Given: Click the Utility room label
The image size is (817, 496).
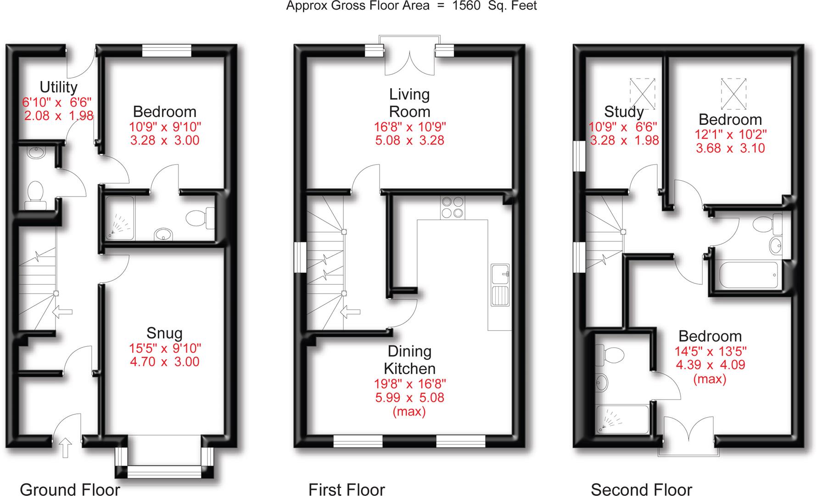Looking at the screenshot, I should click(58, 87).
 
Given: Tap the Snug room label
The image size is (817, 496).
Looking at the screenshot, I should click(164, 333).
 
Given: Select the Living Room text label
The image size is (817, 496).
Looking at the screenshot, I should click(409, 103).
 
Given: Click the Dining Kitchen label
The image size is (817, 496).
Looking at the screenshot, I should click(409, 360).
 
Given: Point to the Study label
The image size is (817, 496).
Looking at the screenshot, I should click(623, 112).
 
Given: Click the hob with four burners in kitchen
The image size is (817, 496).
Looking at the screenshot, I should click(452, 207).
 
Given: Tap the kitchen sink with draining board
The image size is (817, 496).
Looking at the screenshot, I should click(500, 285).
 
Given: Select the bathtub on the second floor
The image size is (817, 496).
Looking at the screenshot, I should click(748, 275).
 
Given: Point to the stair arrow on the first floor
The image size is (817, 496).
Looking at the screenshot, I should click(351, 312).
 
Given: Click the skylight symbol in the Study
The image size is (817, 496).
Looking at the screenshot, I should click(642, 94).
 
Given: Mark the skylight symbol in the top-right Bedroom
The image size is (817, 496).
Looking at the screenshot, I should click(733, 94).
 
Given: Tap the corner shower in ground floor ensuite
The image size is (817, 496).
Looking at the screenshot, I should click(120, 219).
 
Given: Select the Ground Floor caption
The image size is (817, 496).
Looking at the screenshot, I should click(70, 489).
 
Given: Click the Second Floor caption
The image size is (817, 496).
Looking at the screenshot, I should click(641, 489).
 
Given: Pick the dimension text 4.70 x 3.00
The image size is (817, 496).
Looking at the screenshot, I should click(164, 361).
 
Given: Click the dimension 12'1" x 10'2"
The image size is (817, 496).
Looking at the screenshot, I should click(730, 134).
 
